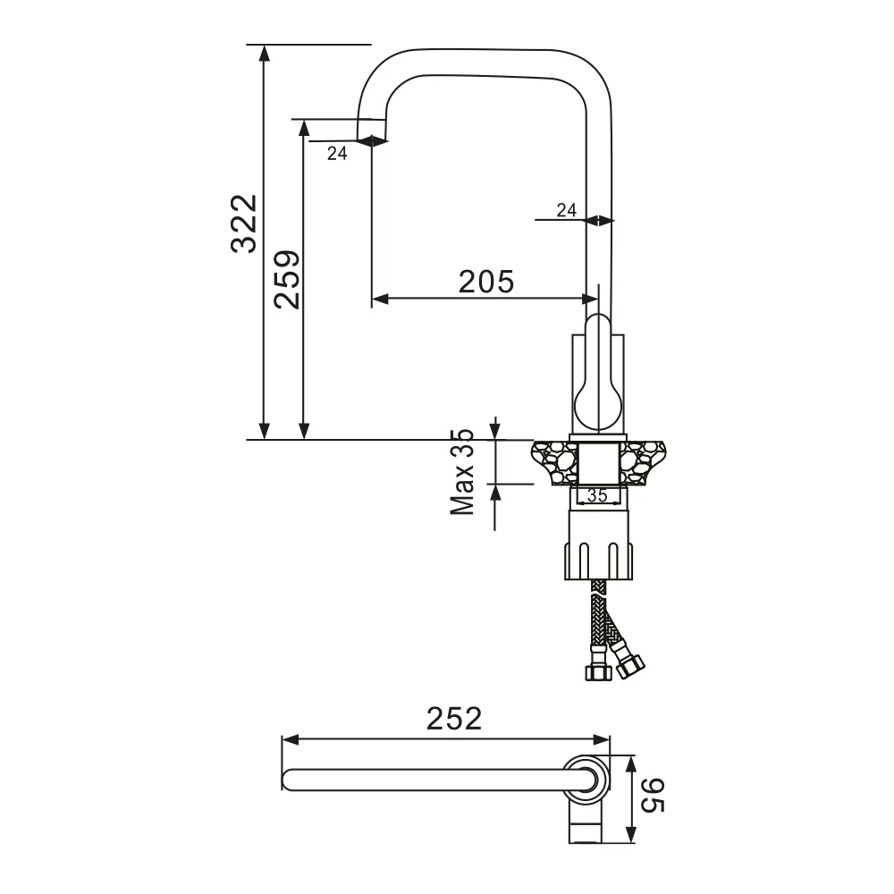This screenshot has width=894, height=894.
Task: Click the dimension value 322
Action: coord(244,223)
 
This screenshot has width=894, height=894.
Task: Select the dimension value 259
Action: coord(286,279)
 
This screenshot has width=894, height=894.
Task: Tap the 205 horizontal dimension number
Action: coord(486,282)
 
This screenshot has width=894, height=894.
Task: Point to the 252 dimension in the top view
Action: coord(454,719)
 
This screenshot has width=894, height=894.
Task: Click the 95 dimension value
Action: coord(652,796)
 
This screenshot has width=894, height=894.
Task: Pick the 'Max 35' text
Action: coord(462,473)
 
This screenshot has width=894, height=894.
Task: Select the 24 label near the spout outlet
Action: coord(337,153)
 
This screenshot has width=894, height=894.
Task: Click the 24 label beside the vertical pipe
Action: coord(566,210)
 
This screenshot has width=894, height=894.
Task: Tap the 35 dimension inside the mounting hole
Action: coord(597,496)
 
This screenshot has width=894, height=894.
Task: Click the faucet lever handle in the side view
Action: coord(598,374)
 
